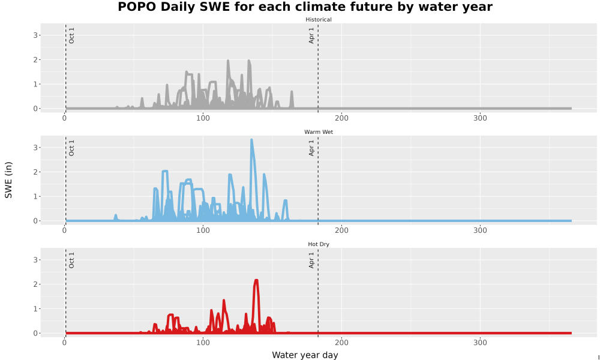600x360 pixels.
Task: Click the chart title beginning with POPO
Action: click(x=305, y=7)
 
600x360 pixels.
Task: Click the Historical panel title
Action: click(x=319, y=20)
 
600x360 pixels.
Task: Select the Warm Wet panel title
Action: click(x=319, y=132)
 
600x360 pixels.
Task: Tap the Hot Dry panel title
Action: click(x=319, y=244)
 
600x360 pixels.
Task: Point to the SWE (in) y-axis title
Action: click(x=8, y=180)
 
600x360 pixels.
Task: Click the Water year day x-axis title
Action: click(x=305, y=355)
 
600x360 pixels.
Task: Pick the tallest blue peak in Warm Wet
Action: click(x=251, y=140)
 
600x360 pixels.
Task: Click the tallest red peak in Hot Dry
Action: click(x=256, y=281)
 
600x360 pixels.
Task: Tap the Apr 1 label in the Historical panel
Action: click(x=311, y=35)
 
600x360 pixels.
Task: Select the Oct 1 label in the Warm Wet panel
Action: click(x=71, y=148)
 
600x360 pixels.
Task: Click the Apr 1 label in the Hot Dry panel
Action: click(x=311, y=260)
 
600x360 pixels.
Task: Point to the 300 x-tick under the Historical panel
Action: click(x=480, y=118)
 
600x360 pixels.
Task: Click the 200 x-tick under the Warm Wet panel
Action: click(x=341, y=230)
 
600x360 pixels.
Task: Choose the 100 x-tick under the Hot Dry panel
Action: click(x=203, y=343)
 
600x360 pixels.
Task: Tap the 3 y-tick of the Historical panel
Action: click(x=35, y=35)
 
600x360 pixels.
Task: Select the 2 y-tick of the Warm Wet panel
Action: click(x=35, y=172)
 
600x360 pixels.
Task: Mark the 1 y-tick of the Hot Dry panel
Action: click(x=35, y=309)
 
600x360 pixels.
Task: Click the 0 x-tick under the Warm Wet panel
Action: click(x=64, y=230)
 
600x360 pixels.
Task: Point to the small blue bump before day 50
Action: click(x=116, y=217)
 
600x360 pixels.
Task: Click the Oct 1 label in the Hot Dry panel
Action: click(x=71, y=260)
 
